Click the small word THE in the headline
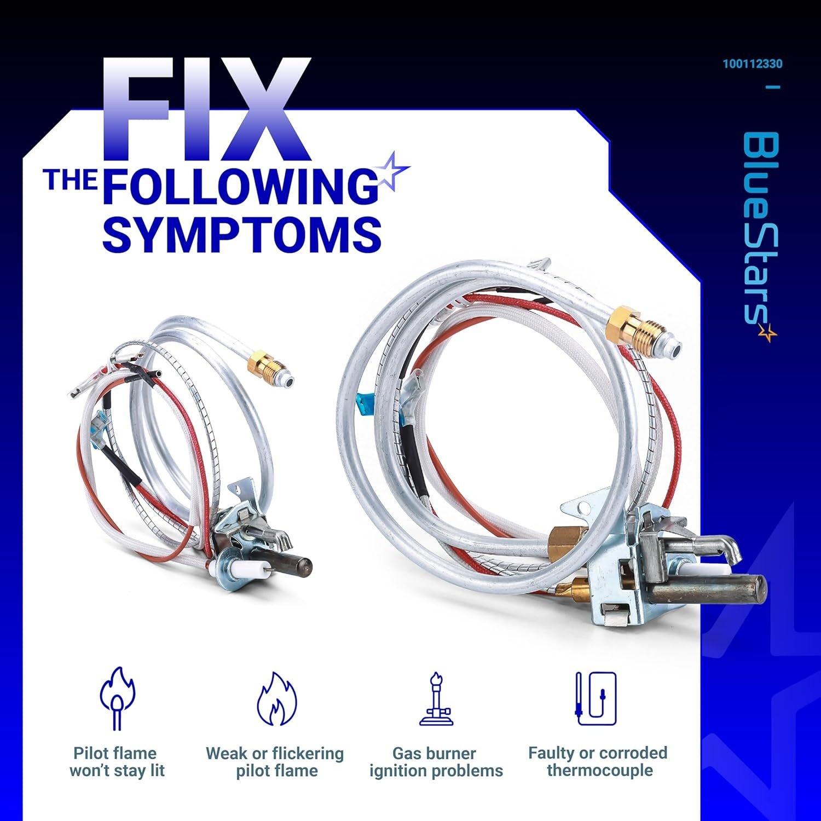click(71, 180)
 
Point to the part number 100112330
click(752, 64)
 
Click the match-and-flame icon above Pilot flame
click(117, 698)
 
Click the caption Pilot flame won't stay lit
click(117, 762)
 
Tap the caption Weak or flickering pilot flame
click(275, 762)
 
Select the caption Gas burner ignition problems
click(436, 762)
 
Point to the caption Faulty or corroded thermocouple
click(598, 761)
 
